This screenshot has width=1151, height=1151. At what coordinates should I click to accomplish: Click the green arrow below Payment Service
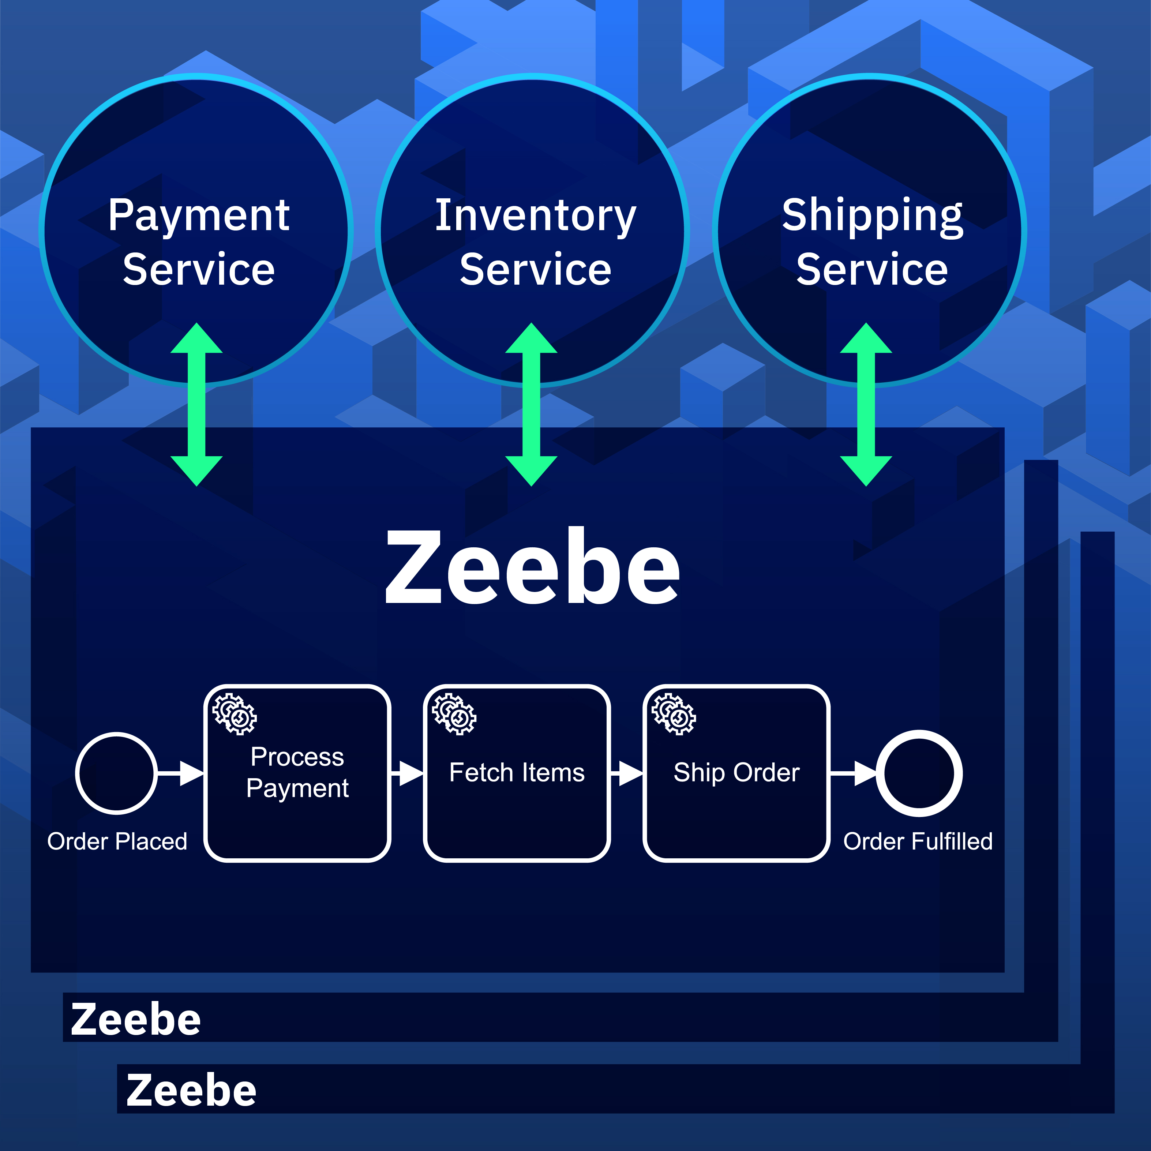pos(196,405)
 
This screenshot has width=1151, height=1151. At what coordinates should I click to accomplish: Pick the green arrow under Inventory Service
pos(532,405)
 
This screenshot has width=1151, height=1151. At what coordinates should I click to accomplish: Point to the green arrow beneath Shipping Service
pos(866,405)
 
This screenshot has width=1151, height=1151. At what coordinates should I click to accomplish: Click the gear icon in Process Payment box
pos(235,714)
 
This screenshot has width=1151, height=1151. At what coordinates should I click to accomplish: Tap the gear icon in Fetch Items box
pos(454,714)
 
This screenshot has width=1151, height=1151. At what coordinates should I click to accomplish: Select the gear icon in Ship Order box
pos(674,714)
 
